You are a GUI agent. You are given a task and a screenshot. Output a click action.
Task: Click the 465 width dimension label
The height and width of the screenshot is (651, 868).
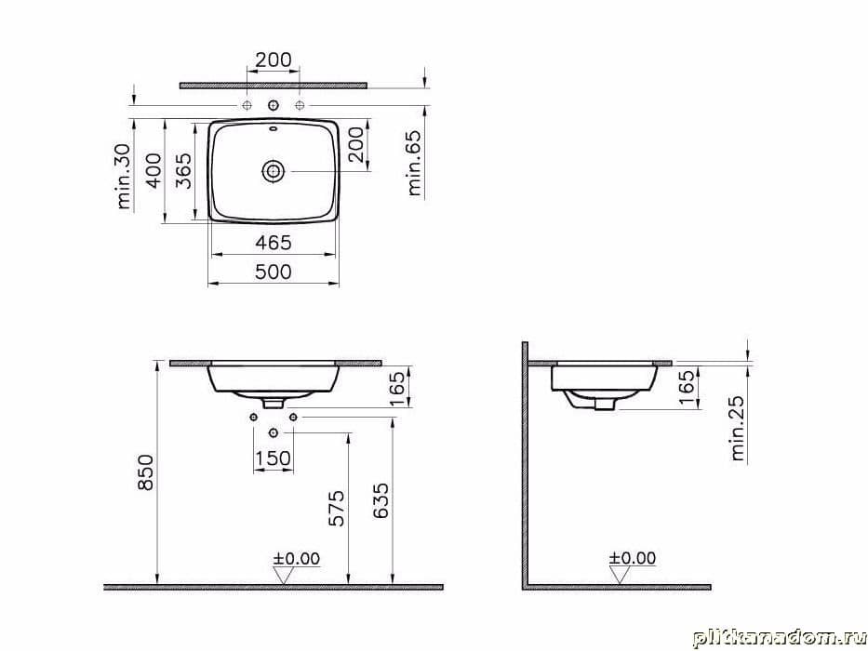click(273, 242)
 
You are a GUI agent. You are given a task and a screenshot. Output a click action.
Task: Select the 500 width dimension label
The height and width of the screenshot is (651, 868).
click(273, 272)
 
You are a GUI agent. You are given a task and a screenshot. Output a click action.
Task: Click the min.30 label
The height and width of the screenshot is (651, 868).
click(124, 177)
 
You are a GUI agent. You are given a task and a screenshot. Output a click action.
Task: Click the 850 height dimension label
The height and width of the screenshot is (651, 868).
click(145, 472)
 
